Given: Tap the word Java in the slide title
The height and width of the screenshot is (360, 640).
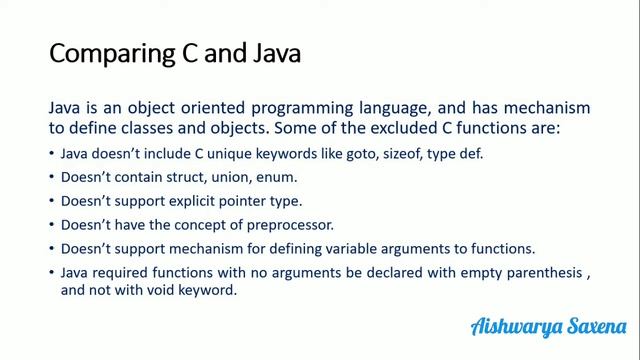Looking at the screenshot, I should pyautogui.click(x=268, y=52).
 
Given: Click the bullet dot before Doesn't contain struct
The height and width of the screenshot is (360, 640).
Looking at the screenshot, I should pyautogui.click(x=51, y=178).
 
